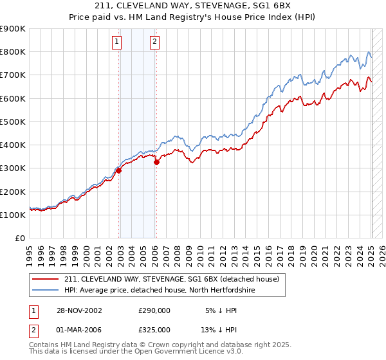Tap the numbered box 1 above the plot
tap(116, 43)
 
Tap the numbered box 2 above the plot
tap(155, 43)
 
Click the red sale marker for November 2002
tap(119, 171)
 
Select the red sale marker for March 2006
tap(156, 163)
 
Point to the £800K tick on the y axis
tap(14, 52)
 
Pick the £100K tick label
tap(14, 215)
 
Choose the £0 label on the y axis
tap(20, 238)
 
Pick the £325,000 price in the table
tap(154, 329)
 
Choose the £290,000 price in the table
tap(154, 310)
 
